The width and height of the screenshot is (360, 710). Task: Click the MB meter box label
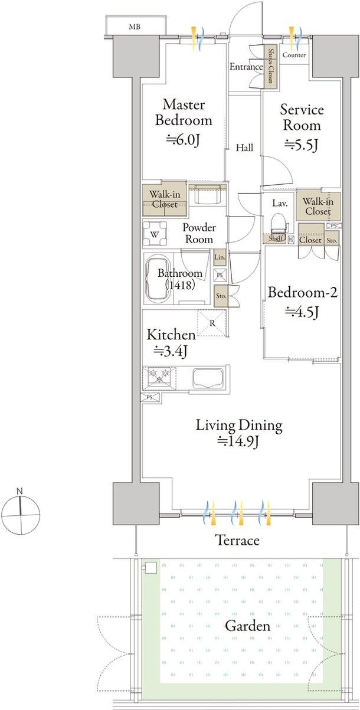click(135, 27)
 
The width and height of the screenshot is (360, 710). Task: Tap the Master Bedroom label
click(184, 113)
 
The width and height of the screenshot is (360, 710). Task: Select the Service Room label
click(302, 117)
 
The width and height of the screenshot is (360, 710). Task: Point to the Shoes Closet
click(271, 66)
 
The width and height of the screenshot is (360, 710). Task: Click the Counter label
click(294, 55)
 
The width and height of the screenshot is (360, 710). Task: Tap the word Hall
click(245, 148)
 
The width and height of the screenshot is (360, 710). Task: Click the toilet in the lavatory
click(279, 224)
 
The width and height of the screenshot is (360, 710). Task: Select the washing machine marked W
click(155, 234)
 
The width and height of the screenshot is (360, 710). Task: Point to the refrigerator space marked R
click(212, 323)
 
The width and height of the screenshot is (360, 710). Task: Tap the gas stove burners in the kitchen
click(159, 377)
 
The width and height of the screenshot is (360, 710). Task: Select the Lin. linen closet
click(220, 257)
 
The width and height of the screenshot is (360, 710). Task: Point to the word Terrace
click(237, 540)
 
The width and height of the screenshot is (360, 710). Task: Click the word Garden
click(247, 626)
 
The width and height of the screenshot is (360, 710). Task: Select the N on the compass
click(20, 491)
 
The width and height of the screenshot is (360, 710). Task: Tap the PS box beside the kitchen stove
click(150, 397)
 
